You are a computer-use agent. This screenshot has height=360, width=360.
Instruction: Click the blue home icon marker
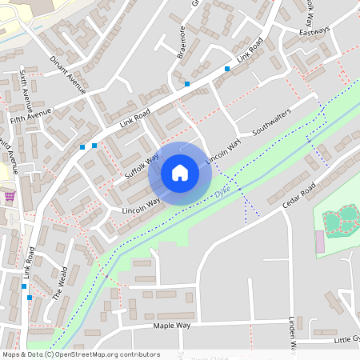click(x=180, y=173)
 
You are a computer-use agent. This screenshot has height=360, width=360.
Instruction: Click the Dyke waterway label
click(x=222, y=193)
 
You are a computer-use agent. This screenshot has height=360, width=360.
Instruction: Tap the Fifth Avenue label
click(x=30, y=118)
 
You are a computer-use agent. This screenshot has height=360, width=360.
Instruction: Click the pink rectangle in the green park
click(x=321, y=240)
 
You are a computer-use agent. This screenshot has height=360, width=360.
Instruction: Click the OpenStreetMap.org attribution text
click(x=81, y=354)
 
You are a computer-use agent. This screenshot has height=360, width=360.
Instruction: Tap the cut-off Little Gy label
click(x=346, y=340)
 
